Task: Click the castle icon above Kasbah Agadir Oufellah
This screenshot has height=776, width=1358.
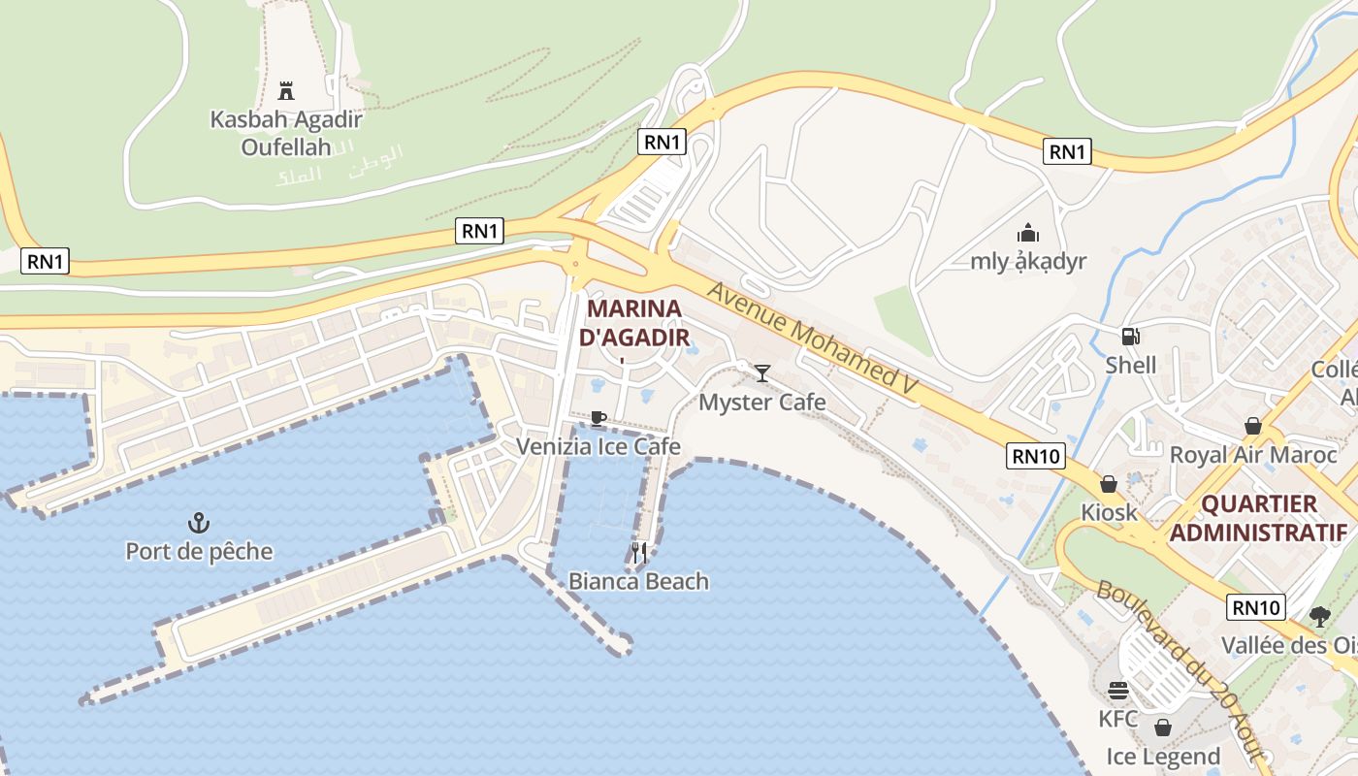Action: pyautogui.click(x=286, y=91)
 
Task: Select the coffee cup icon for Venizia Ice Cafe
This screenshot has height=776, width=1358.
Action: pyautogui.click(x=598, y=419)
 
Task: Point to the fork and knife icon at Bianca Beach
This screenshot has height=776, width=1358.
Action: pyautogui.click(x=638, y=553)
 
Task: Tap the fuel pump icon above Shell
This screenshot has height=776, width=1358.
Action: pyautogui.click(x=1130, y=337)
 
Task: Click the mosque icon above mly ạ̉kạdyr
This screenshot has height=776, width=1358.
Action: pyautogui.click(x=1028, y=233)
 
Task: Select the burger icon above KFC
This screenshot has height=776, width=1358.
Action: pyautogui.click(x=1118, y=691)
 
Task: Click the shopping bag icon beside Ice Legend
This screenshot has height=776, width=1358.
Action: pyautogui.click(x=1163, y=727)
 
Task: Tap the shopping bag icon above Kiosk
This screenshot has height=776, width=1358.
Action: pyautogui.click(x=1108, y=483)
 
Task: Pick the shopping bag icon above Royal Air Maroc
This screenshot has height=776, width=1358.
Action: pyautogui.click(x=1252, y=426)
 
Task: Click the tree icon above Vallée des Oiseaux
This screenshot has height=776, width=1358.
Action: pyautogui.click(x=1319, y=616)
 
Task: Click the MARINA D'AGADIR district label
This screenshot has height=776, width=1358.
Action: pyautogui.click(x=635, y=323)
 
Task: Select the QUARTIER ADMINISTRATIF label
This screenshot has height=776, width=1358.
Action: pyautogui.click(x=1259, y=518)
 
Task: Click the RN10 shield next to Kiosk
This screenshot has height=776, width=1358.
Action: pyautogui.click(x=1037, y=456)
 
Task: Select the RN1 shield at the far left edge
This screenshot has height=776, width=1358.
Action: pyautogui.click(x=45, y=261)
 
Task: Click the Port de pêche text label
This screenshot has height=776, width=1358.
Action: pyautogui.click(x=199, y=552)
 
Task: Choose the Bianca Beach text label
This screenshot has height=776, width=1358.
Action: pyautogui.click(x=638, y=581)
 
